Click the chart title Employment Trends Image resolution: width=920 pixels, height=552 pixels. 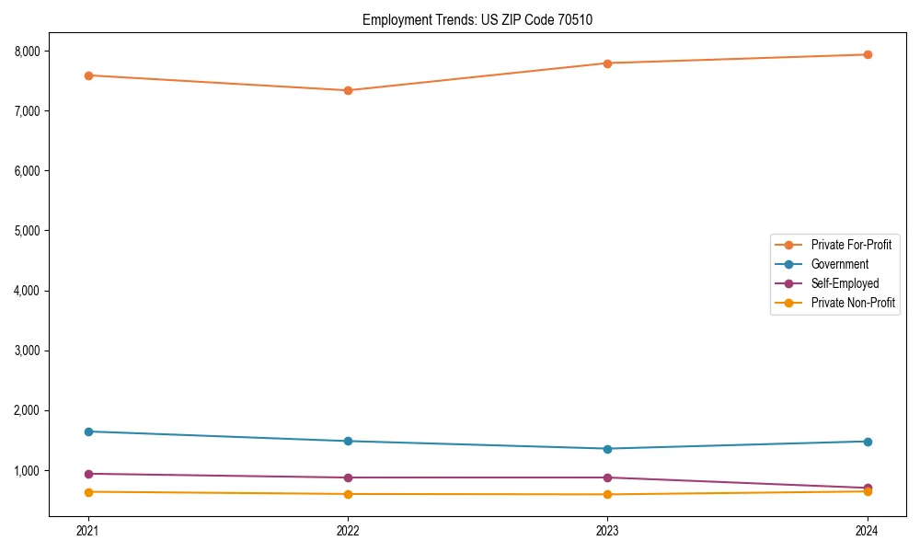click(484, 19)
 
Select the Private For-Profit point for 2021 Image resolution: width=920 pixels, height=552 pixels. click(88, 75)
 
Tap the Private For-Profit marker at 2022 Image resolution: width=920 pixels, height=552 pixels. click(348, 90)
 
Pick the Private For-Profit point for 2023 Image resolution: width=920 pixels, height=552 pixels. click(608, 63)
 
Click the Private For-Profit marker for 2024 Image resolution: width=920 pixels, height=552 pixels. click(868, 54)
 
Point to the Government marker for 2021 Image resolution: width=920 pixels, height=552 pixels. click(88, 431)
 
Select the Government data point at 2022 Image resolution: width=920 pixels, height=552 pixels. click(348, 441)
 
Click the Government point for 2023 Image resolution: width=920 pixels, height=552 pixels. click(608, 449)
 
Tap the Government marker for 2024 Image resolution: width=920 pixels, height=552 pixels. click(868, 442)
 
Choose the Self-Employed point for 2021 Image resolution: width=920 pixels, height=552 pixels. click(88, 474)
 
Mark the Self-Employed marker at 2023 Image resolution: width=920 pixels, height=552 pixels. click(608, 477)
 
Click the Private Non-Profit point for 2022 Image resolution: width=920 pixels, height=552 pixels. click(348, 494)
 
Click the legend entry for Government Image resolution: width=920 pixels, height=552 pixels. click(839, 264)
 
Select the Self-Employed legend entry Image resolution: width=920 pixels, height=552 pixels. click(845, 283)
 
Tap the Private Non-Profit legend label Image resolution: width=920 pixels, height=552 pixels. click(853, 303)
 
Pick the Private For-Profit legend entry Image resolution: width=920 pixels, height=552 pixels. click(851, 245)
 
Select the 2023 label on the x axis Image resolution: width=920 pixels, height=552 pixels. click(608, 531)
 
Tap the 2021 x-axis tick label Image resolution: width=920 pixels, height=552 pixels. click(88, 531)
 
